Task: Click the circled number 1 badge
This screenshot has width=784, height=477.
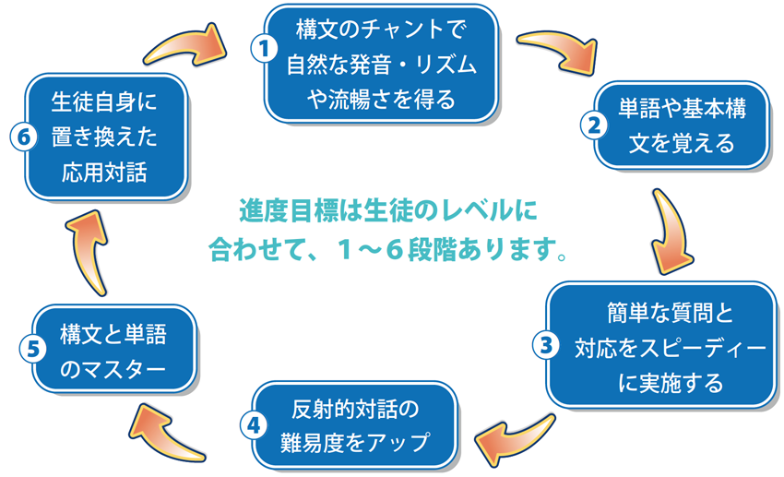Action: pos(265,49)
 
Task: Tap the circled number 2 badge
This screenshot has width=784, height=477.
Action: pos(594,125)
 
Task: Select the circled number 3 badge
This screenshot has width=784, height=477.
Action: pos(546,345)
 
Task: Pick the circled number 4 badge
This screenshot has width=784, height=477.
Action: pos(254,425)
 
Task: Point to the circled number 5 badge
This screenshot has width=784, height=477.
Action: pos(33,349)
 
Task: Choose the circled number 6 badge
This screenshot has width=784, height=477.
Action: pos(24,137)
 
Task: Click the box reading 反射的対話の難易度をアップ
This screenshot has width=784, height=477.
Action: pos(354,425)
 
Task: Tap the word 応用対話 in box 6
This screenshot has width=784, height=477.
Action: pos(104,173)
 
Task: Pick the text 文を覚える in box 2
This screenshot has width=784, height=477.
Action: pos(682,144)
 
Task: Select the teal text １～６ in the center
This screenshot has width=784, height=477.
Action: pos(370,249)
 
